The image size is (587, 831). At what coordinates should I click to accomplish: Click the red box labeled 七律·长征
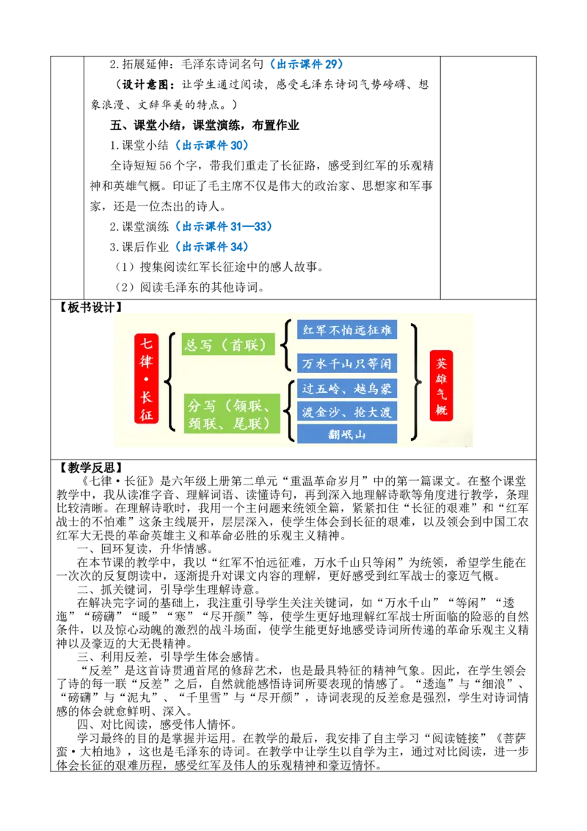146,378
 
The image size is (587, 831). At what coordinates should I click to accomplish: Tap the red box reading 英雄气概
441,385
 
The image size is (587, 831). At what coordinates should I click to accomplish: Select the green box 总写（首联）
228,345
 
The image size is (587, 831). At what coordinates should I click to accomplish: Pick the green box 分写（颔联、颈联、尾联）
232,413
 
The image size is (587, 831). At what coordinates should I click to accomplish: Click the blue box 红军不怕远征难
347,330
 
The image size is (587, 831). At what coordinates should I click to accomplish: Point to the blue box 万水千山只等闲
347,363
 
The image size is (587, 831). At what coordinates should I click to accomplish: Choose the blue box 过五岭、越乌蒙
347,388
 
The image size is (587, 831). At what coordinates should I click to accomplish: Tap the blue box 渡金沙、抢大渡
347,411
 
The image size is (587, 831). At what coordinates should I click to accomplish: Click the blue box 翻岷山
347,434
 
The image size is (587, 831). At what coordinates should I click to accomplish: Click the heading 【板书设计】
89,308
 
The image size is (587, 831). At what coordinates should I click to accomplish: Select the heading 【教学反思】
89,468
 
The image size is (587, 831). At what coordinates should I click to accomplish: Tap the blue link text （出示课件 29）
306,64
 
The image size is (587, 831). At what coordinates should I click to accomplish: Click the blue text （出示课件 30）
212,145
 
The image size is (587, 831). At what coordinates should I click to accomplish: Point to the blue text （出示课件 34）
212,247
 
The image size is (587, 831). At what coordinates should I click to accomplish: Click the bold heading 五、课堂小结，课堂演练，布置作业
205,125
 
